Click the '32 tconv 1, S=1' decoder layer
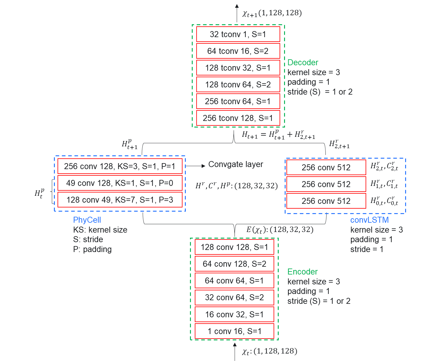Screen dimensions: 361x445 coord(238,34)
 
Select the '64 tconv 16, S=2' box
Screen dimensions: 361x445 coord(238,51)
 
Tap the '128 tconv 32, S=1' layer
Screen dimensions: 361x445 coord(238,68)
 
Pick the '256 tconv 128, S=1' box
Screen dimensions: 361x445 coord(238,118)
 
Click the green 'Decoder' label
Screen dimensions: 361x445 coord(303,63)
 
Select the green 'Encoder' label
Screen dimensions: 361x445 coord(302,272)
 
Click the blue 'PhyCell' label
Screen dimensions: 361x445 coord(87,220)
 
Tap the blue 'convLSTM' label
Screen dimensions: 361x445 coord(369,220)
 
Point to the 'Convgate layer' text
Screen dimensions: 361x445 coord(236,164)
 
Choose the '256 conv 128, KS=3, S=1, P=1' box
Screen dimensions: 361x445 coord(120,166)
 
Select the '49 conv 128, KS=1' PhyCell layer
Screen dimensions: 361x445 coord(120,183)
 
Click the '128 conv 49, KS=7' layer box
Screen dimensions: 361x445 coord(120,200)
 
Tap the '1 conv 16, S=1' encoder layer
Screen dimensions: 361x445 coord(234,331)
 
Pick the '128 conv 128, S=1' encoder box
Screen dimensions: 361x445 coord(234,247)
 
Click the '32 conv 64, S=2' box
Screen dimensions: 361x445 coord(234,298)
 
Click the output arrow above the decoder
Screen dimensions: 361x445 coord(237,13)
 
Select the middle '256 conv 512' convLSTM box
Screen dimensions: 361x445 coord(326,184)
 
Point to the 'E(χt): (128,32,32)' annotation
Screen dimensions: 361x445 coord(280,230)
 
